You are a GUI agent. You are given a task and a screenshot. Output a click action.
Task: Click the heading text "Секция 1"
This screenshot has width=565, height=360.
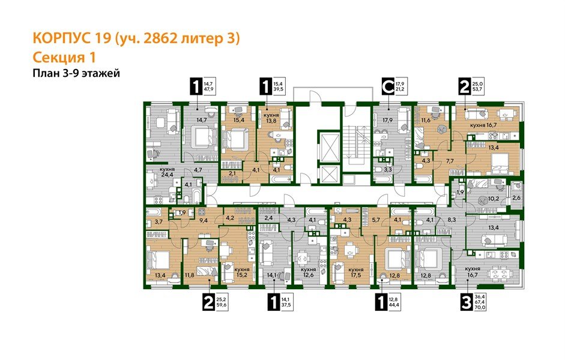(x=63, y=58)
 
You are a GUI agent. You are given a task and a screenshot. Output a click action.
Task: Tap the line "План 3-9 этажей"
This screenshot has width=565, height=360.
(x=76, y=74)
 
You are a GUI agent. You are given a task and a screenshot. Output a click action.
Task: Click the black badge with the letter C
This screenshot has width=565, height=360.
(x=389, y=88)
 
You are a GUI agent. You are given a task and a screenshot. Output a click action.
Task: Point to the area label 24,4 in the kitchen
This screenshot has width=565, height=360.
(x=167, y=176)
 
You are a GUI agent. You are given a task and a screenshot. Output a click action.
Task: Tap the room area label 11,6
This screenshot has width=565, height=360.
(x=427, y=121)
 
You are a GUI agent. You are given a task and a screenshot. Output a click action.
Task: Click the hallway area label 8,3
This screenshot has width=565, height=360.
(x=453, y=221)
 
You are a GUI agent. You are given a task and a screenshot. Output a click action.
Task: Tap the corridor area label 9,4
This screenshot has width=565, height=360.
(x=204, y=220)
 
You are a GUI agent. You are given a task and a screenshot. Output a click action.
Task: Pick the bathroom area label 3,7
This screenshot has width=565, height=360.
(x=159, y=222)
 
